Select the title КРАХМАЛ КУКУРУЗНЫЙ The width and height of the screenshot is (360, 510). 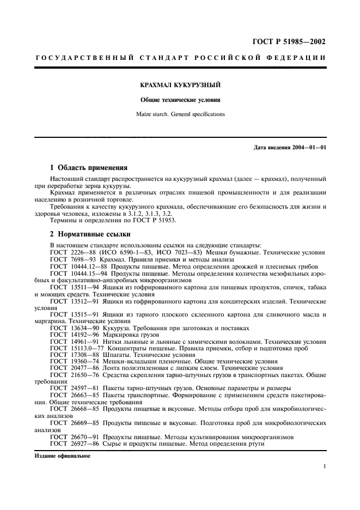pos(180,86)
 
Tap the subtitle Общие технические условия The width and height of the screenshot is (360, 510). pos(180,100)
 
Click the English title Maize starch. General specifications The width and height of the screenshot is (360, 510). pos(180,114)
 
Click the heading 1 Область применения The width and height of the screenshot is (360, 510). pos(88,168)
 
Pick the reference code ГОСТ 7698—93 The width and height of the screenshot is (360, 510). pos(74,260)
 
